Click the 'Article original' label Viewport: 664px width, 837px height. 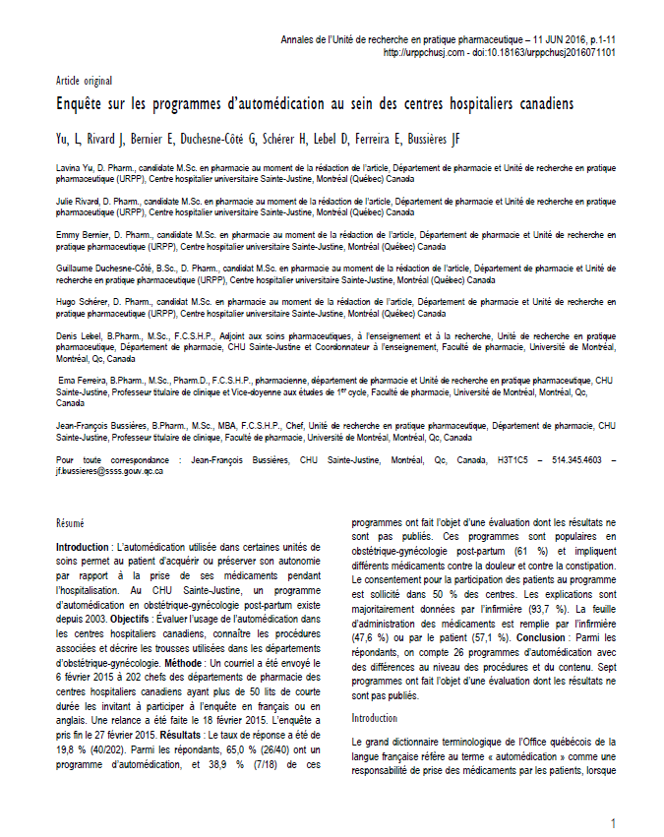(84, 80)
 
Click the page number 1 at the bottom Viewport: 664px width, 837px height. (613, 822)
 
